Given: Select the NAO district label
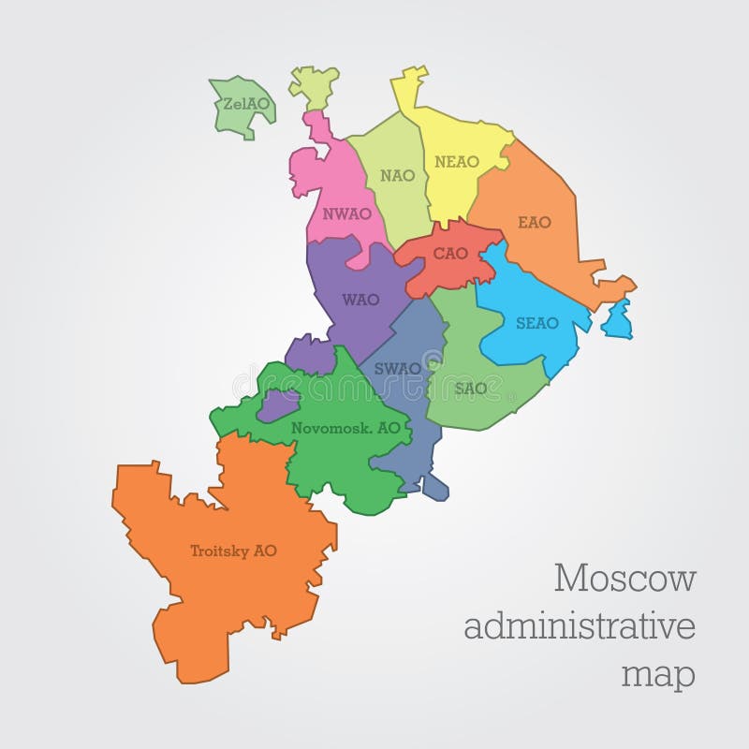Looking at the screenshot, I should click(397, 175).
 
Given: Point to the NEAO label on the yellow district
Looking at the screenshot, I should click(457, 162).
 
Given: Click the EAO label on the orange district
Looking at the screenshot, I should click(535, 223).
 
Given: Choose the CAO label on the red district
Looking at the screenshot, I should click(449, 254).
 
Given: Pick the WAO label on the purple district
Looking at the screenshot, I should click(360, 300).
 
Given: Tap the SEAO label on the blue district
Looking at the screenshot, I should click(536, 323).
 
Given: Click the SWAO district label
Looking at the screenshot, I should click(397, 368).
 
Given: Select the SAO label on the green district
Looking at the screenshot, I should click(471, 388).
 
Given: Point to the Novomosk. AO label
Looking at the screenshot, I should click(345, 427).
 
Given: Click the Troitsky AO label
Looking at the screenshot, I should click(233, 551).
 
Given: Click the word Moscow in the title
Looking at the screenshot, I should click(624, 580).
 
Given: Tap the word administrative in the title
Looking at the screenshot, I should click(580, 626).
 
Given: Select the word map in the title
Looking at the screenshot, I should click(660, 673).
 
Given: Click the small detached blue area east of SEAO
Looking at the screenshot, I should click(617, 319).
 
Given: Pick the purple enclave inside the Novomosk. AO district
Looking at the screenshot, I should click(277, 405).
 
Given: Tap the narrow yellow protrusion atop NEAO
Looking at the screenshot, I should click(408, 89).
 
